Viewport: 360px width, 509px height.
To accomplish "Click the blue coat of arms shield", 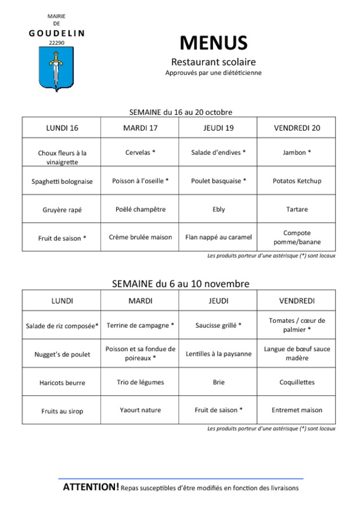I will (x=56, y=68).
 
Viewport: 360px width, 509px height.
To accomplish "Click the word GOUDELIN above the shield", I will (x=56, y=33).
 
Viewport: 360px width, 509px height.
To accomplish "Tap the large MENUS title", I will (x=213, y=43).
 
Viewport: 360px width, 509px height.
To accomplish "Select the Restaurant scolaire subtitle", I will (x=213, y=62).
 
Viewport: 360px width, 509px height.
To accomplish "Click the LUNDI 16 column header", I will (x=62, y=128).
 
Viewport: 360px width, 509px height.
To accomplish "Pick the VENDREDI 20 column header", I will (x=296, y=128).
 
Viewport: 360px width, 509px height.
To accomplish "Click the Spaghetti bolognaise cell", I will (x=62, y=181).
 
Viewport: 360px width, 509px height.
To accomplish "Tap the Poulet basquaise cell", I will (x=218, y=181).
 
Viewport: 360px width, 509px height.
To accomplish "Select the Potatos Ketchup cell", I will (x=296, y=181).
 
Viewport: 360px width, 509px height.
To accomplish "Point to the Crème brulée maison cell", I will (x=140, y=237).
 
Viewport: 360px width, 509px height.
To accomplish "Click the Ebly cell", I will (x=218, y=209).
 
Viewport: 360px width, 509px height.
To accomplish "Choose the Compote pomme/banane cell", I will (x=296, y=237).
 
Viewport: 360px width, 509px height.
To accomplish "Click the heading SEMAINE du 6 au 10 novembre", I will (x=180, y=284).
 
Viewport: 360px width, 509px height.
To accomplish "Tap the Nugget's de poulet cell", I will (x=62, y=354).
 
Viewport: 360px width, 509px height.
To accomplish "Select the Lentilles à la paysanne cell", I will (x=218, y=353).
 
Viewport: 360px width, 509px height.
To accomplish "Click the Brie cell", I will (x=218, y=382).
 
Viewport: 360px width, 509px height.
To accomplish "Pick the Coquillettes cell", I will (x=296, y=382).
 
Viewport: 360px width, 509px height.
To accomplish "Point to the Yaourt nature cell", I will (x=140, y=410).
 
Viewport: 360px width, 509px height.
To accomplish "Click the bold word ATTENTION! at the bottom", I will (x=91, y=487).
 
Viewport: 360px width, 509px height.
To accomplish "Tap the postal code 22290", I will (x=56, y=42).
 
